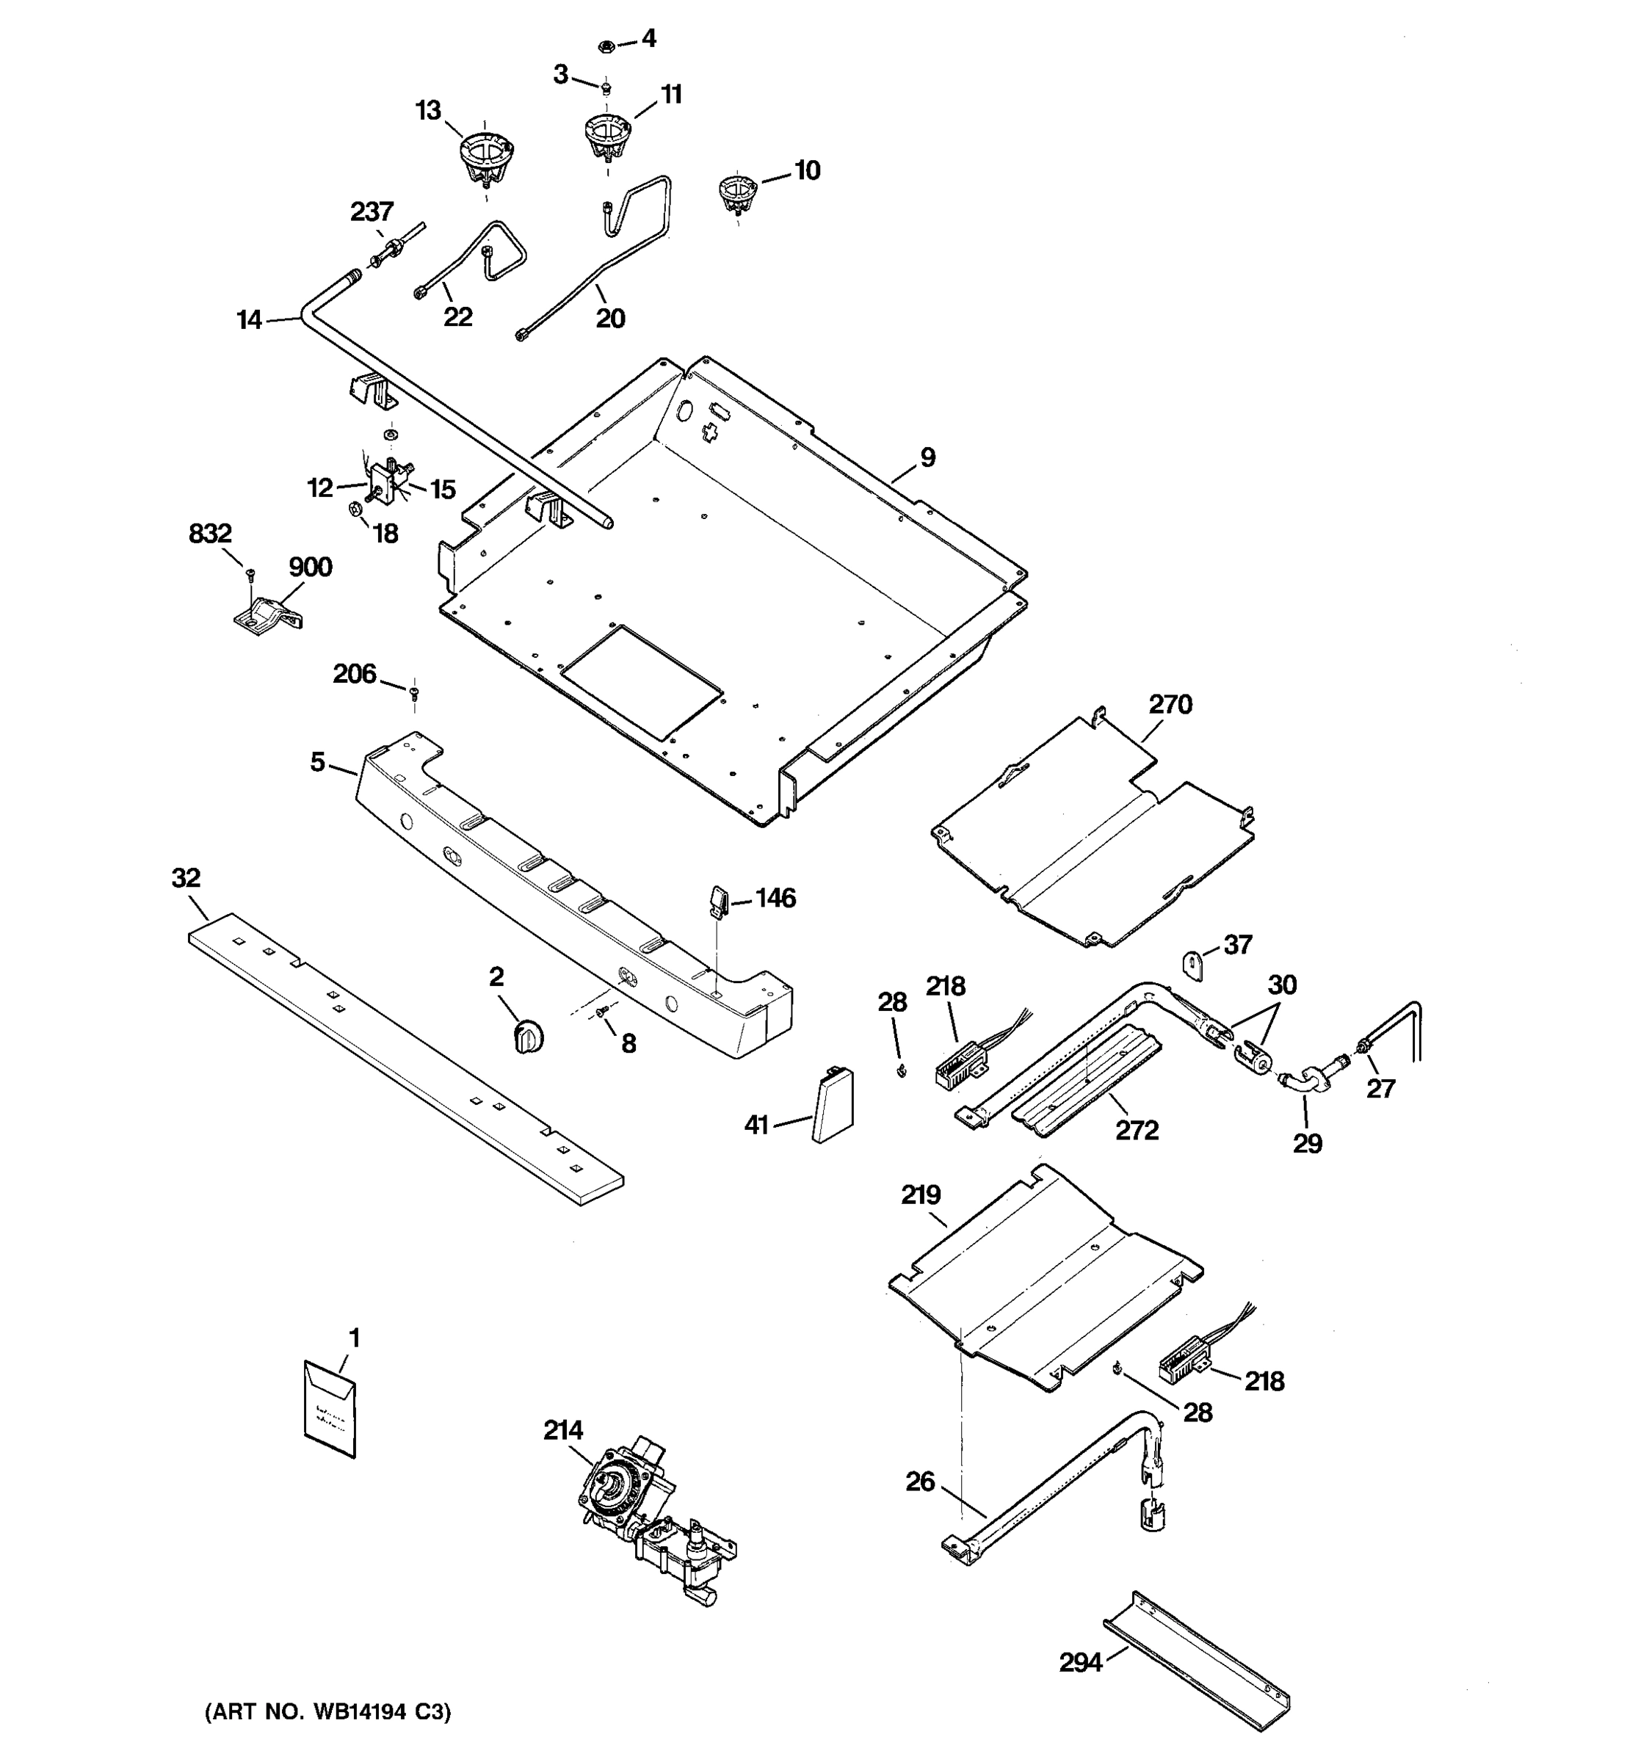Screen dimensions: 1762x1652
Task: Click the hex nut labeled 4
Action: [604, 43]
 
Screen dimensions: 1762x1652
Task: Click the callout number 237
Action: [372, 212]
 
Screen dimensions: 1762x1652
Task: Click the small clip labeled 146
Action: [719, 899]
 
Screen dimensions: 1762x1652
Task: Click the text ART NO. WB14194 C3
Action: [328, 1712]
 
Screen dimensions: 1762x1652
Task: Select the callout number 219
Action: [920, 1194]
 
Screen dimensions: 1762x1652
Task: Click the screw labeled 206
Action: [413, 692]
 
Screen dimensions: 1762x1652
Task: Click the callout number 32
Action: [185, 877]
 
